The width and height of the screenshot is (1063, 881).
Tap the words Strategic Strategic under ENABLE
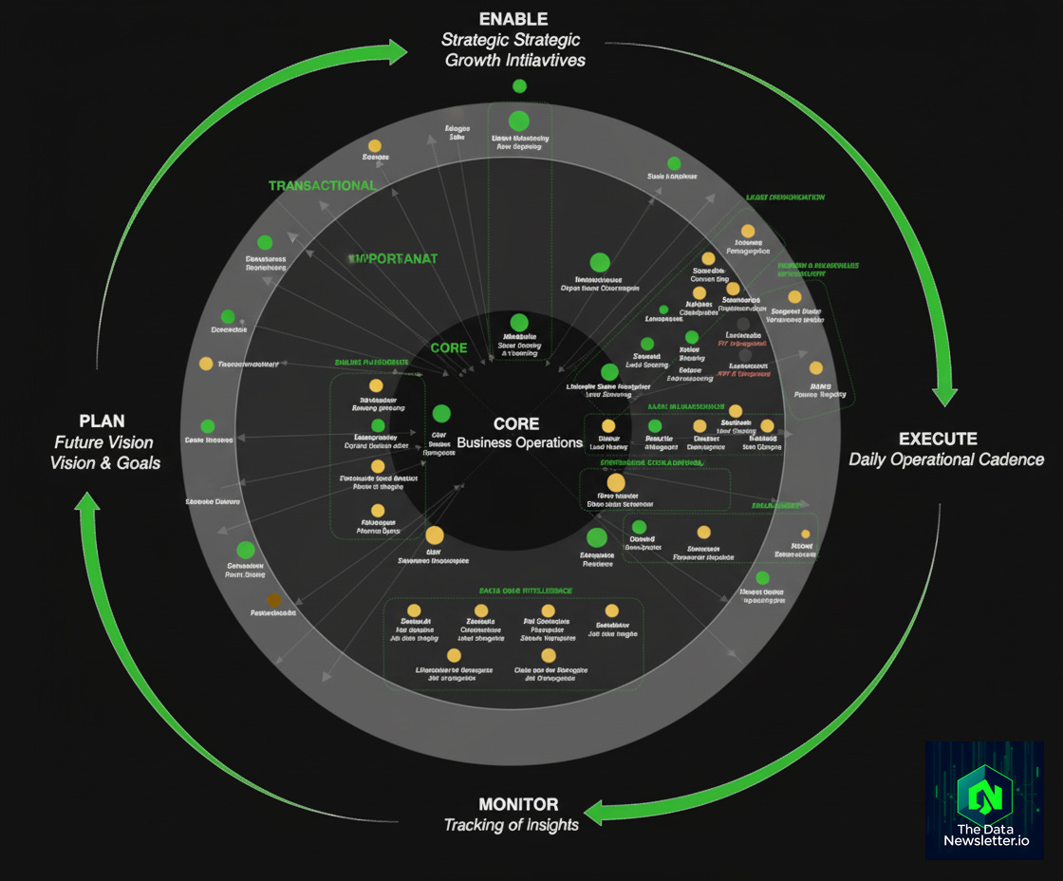pos(511,40)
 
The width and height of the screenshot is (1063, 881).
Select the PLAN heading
pos(103,421)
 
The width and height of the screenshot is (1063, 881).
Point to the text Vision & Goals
pos(104,462)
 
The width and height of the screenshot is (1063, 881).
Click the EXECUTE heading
pos(938,439)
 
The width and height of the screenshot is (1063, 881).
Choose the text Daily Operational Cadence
pos(946,459)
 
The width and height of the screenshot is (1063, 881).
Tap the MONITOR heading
pos(518,803)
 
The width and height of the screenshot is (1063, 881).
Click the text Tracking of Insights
pos(512,824)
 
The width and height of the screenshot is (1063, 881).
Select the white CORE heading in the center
pos(516,423)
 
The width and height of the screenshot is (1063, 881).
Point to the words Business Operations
pos(519,442)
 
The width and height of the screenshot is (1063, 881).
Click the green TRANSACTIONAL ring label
pos(323,186)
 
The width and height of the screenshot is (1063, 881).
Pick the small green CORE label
pos(448,347)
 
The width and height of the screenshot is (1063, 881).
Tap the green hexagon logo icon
pos(984,792)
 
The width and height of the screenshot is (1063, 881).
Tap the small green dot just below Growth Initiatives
pos(519,86)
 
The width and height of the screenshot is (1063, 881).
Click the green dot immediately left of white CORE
pos(441,414)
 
